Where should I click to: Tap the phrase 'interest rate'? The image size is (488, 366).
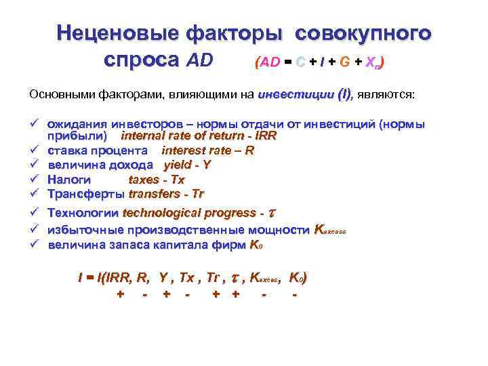pos(192,150)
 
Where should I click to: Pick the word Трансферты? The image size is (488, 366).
pos(85,194)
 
